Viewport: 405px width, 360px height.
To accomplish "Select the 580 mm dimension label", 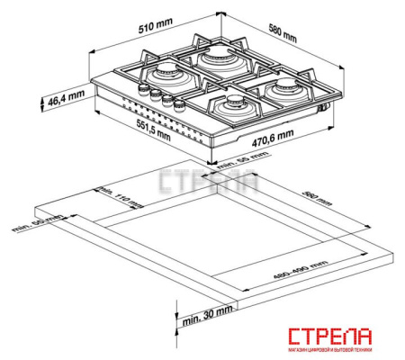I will point(278,32).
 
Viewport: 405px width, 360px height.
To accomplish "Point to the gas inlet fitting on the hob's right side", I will point(323,109).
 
